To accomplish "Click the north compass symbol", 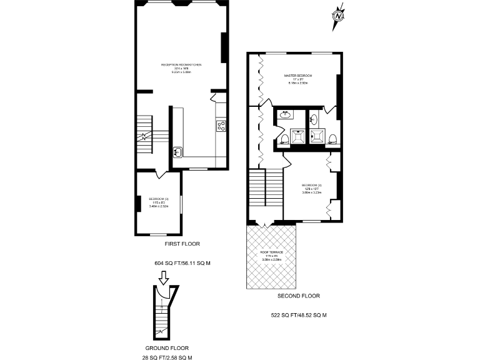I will [x=338, y=15].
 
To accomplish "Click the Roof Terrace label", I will [x=272, y=254].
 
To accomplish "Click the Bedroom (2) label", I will [x=311, y=187].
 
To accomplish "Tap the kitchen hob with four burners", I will [x=221, y=126].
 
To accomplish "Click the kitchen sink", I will [x=178, y=152].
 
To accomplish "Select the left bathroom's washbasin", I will [x=286, y=114].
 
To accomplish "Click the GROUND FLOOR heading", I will [x=167, y=348].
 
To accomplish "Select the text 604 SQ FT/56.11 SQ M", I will [x=182, y=263].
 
